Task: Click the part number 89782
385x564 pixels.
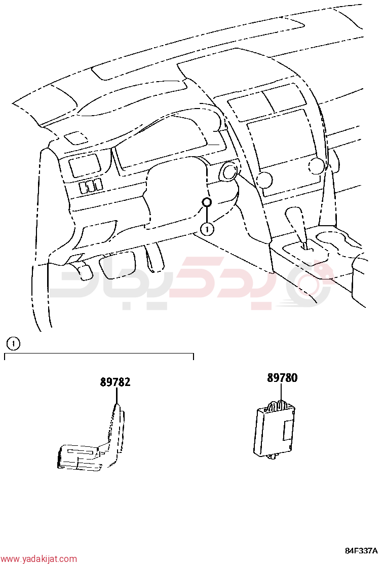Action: pos(115,381)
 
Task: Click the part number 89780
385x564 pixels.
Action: pos(282,378)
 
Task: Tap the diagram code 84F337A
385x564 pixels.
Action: pos(361,551)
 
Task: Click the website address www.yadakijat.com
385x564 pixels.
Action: pos(38,558)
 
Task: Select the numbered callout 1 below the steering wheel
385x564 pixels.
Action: pos(207,229)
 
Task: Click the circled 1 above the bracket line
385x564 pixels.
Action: pos(13,344)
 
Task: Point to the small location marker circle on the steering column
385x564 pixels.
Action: pos(207,202)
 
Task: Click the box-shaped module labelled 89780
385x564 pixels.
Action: pos(274,431)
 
